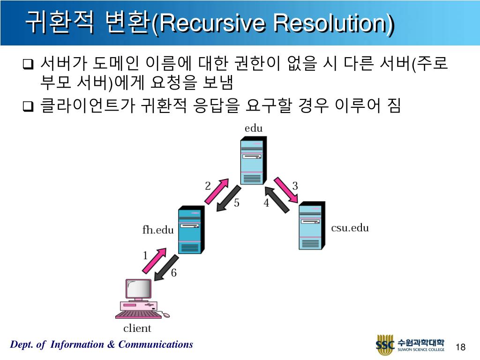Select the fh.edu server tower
coord(191,231)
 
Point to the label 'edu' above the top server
coord(254,128)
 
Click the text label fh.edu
coord(158,230)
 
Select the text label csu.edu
coord(350,228)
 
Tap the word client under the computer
coord(137,328)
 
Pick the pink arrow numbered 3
coord(286,190)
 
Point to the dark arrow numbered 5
coord(228,199)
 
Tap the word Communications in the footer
coord(156,345)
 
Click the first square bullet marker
coord(28,64)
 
